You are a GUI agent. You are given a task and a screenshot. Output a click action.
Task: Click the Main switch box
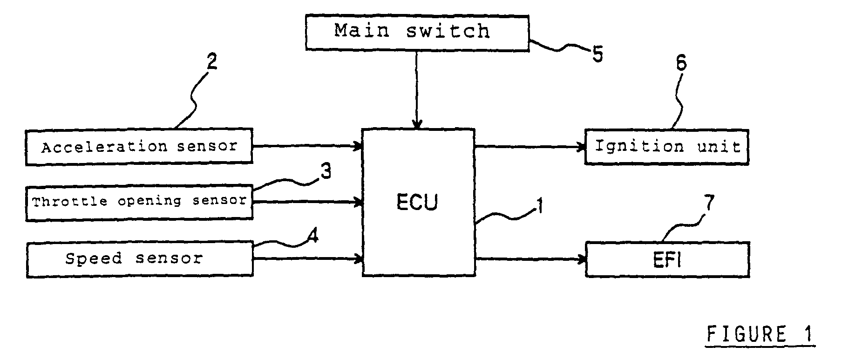(417, 33)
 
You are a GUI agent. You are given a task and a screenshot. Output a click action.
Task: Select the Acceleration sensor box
(139, 146)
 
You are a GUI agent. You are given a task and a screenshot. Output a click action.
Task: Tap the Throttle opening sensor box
(139, 202)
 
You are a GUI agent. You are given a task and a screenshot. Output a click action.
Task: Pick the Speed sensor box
(140, 259)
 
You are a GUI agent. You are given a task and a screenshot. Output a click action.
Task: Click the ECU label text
(417, 203)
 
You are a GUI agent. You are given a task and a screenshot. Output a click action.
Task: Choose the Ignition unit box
(667, 147)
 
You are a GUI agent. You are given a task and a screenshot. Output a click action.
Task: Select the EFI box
(667, 259)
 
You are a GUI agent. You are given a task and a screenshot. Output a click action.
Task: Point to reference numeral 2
(211, 62)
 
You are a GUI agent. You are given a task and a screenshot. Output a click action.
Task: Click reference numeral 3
(326, 172)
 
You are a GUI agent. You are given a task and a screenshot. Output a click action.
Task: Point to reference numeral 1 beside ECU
(540, 206)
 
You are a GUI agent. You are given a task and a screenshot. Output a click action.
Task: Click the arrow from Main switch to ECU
(417, 89)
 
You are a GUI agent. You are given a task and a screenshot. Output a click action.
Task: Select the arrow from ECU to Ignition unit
(530, 147)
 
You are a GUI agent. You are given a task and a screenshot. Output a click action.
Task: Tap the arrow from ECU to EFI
(530, 259)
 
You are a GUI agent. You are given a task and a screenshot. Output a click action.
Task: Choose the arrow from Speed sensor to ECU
(308, 259)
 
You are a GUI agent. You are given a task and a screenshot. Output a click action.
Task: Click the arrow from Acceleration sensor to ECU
(308, 146)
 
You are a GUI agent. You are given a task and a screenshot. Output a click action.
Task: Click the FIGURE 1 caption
(761, 334)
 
